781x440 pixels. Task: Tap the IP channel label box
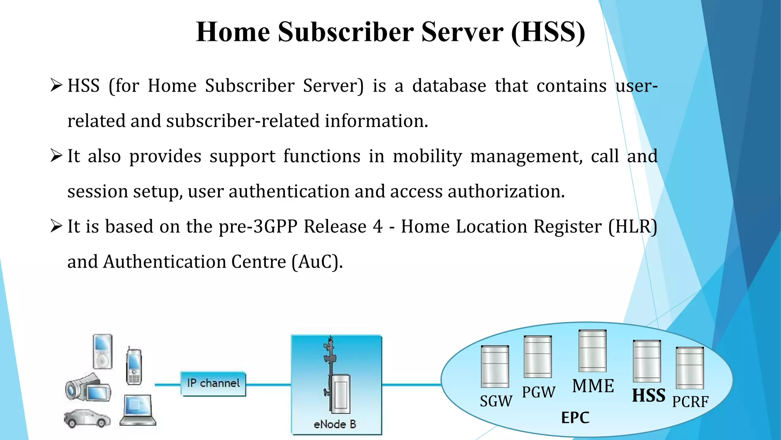click(x=213, y=383)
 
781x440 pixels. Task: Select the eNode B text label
click(x=335, y=424)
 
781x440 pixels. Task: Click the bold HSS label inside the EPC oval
click(x=648, y=396)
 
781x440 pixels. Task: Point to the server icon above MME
click(x=592, y=351)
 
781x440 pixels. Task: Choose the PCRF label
click(x=690, y=402)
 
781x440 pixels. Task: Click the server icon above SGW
click(x=495, y=366)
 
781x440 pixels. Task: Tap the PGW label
click(x=538, y=392)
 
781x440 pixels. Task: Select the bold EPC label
click(x=575, y=417)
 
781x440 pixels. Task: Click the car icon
click(x=87, y=418)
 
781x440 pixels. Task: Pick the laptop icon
click(x=138, y=411)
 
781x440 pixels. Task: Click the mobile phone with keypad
click(x=134, y=366)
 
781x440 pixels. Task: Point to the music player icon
click(x=103, y=351)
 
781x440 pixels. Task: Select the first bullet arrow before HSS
click(x=56, y=85)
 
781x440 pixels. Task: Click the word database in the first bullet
click(x=449, y=86)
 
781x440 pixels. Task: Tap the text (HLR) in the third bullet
click(x=633, y=226)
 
